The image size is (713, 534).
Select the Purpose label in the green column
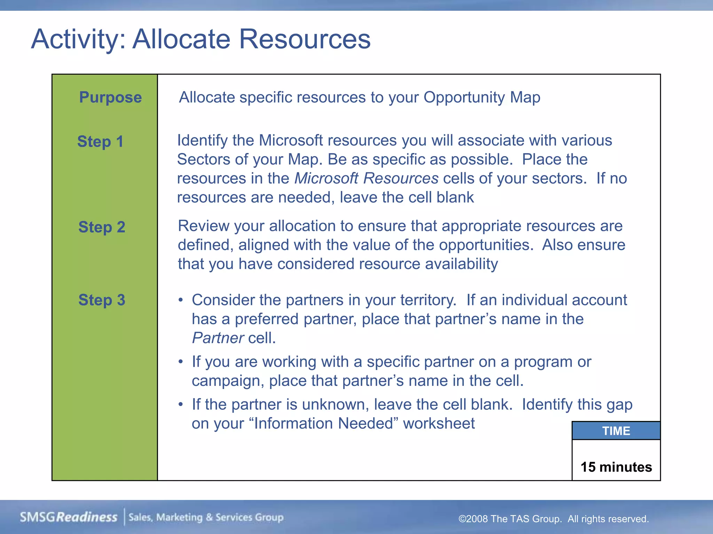tap(110, 97)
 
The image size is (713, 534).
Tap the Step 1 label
tap(100, 141)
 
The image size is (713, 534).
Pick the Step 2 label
tap(102, 227)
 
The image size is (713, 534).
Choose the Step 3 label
tap(102, 300)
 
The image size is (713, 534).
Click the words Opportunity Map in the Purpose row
tap(481, 97)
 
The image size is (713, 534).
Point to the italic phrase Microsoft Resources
tap(366, 178)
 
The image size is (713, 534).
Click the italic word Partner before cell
tap(218, 338)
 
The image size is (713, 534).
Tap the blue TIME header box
tap(616, 431)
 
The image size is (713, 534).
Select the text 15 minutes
tap(616, 467)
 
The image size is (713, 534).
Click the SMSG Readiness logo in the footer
tap(69, 517)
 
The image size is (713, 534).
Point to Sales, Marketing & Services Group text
tap(206, 517)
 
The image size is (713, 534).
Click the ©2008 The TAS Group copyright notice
tap(553, 519)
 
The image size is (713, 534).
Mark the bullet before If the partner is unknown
tap(180, 405)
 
